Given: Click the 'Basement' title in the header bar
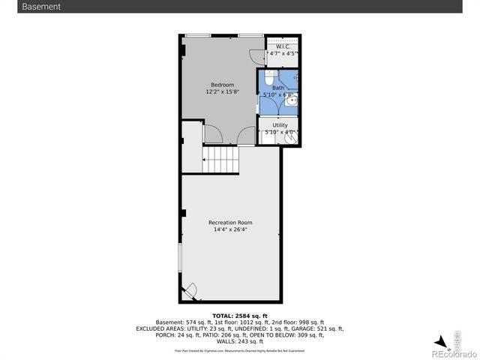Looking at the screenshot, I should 42,7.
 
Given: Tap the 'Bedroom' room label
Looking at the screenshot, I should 223,85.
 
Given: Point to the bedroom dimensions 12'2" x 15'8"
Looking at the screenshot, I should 223,92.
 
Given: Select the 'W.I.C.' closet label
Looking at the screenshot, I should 283,47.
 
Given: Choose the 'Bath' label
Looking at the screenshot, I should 278,88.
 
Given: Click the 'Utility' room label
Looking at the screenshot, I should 280,125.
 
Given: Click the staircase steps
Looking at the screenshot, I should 220,159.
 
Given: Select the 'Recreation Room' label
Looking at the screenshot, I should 230,223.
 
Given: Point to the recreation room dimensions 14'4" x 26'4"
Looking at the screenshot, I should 230,230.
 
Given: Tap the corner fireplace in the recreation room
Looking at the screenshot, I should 190,290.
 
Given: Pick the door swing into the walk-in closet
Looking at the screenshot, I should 258,54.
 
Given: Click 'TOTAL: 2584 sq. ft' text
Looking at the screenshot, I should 239,316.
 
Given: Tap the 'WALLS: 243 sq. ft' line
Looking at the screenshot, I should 239,341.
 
